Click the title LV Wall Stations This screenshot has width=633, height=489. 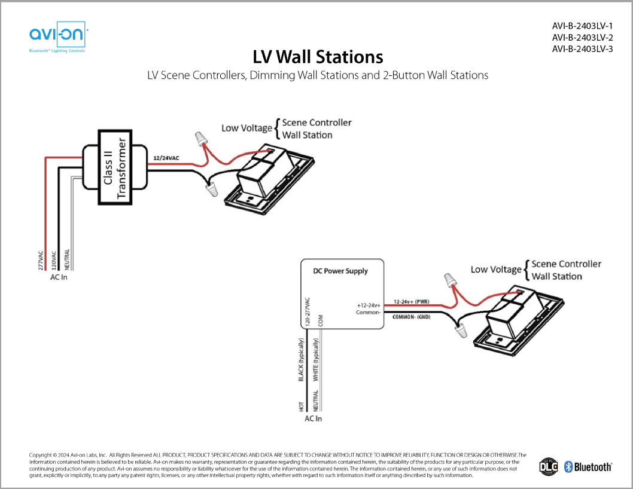[x=317, y=57]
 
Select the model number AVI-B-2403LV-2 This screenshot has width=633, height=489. [x=582, y=38]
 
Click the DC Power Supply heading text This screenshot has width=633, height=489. [x=340, y=271]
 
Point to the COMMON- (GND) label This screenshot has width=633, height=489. [x=415, y=316]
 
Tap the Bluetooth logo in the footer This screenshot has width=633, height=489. [x=588, y=467]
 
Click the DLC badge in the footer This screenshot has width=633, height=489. [x=549, y=466]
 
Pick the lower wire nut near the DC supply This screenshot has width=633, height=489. [x=461, y=329]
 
